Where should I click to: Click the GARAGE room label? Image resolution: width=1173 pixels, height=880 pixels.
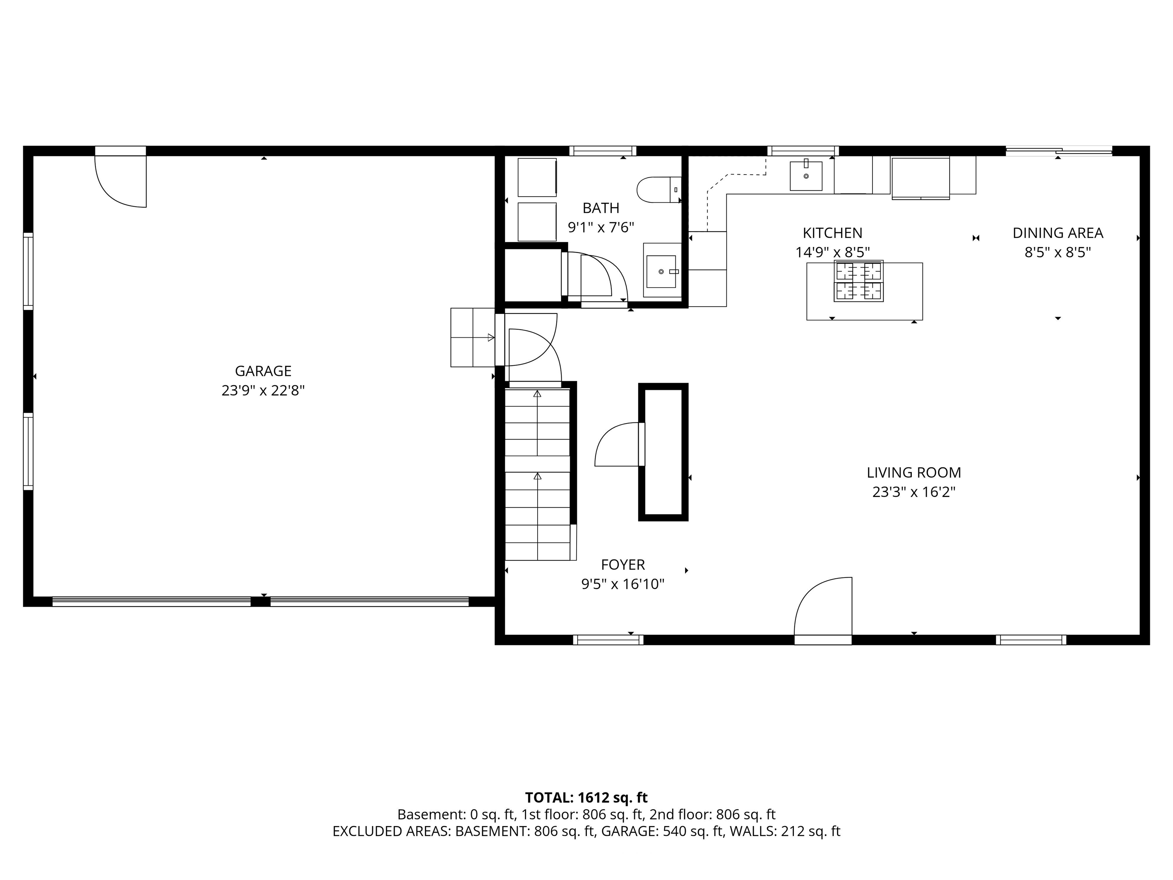pos(263,371)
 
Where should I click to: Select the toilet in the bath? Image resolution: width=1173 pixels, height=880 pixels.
pos(659,190)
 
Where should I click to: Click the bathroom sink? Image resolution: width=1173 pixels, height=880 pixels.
pos(662,270)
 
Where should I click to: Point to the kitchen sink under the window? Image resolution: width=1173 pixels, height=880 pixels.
pos(806,176)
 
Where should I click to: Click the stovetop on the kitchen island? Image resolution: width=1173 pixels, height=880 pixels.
pos(858,281)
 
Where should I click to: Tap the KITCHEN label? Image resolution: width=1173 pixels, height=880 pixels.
pos(832,233)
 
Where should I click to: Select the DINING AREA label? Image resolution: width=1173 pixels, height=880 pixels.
pos(1058,233)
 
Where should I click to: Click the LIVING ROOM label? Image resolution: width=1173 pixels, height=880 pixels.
pos(914,472)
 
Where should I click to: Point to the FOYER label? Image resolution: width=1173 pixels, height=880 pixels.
pos(623,565)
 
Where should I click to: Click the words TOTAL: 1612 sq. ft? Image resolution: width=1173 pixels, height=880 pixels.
pos(586,798)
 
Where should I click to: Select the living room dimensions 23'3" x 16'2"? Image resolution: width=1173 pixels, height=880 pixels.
pos(914,492)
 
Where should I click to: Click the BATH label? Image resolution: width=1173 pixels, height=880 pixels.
pos(601,208)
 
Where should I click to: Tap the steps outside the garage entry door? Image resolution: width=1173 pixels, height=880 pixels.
pos(472,337)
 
